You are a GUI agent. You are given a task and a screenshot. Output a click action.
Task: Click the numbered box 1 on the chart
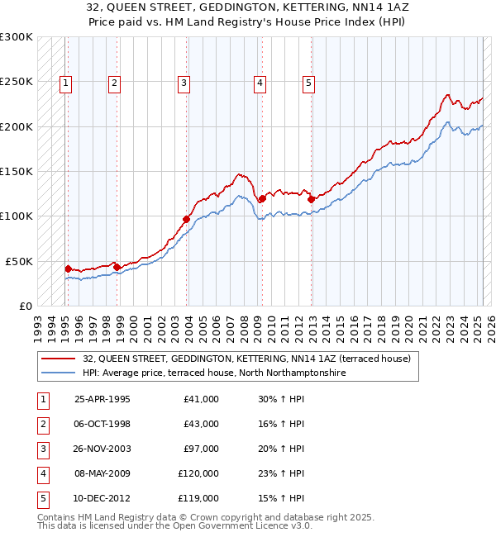point(65,83)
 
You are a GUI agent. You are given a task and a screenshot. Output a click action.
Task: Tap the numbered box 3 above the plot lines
point(183,83)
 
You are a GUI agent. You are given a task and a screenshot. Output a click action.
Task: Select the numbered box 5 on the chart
point(308,83)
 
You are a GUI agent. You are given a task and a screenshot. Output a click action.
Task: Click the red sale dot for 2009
point(262,198)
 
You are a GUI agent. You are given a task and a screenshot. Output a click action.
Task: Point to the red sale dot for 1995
point(68,268)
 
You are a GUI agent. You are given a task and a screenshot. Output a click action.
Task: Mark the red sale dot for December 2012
point(311,199)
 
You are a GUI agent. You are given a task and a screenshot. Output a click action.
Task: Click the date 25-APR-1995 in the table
point(103,399)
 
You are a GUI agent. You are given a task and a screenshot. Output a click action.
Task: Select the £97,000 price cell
point(202,449)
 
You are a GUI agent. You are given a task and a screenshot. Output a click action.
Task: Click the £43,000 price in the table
point(202,424)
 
